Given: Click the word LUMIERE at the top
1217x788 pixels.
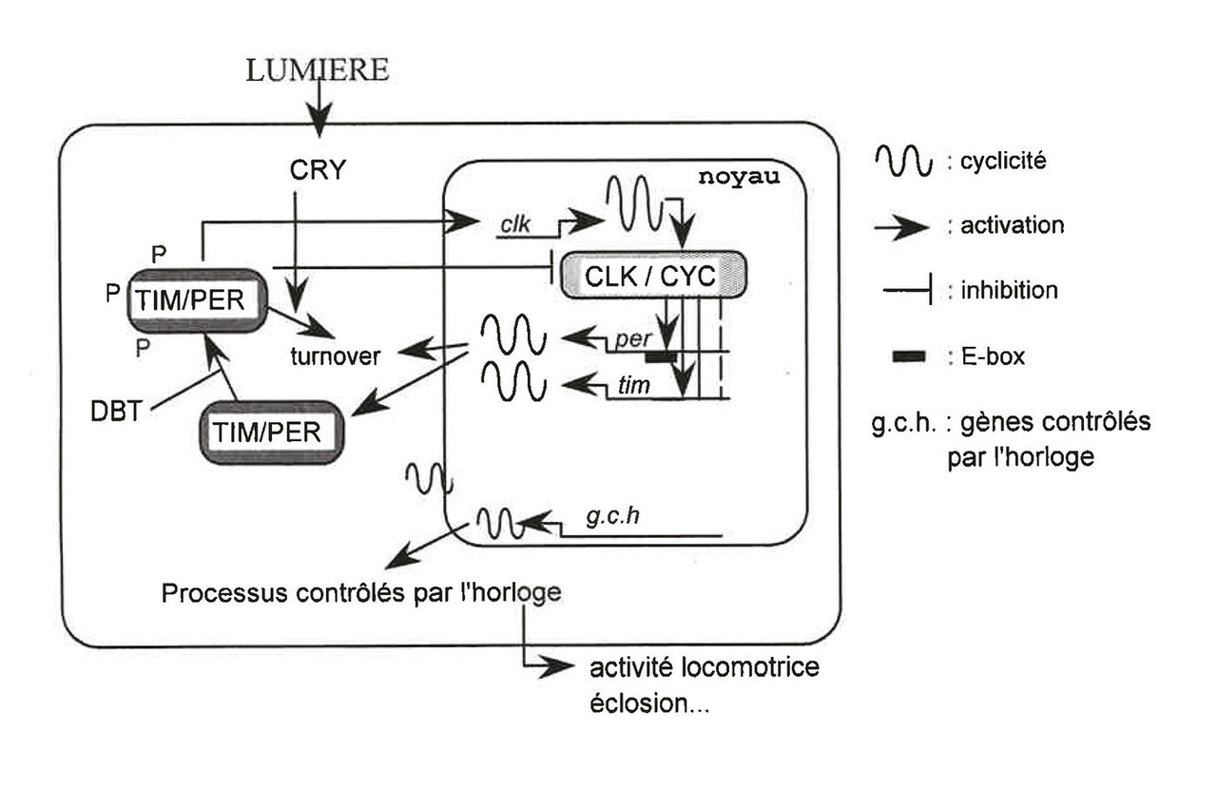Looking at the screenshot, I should [x=318, y=71].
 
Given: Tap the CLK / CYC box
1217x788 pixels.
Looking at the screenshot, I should [x=653, y=279].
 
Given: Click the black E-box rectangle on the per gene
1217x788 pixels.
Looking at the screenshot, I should [x=661, y=356].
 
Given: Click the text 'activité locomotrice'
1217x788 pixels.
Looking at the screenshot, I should [x=704, y=668].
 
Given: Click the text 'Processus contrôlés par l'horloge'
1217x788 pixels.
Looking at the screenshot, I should [x=362, y=593].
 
